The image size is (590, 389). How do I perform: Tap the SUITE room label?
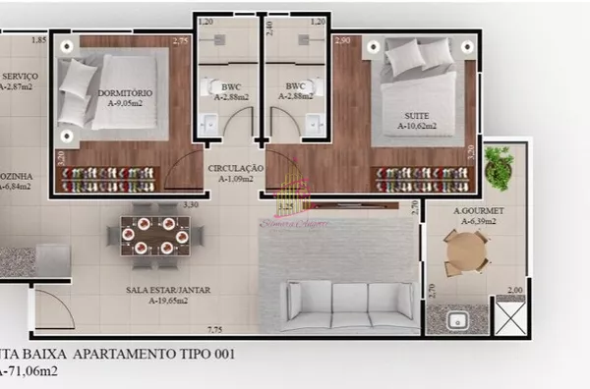[416, 115]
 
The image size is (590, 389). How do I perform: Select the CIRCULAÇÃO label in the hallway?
[235, 169]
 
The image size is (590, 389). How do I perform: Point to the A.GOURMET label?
[479, 211]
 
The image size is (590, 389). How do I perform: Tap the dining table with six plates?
[156, 236]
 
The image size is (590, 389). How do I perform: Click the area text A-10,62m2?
[417, 127]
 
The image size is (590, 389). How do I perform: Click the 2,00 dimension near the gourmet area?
[513, 291]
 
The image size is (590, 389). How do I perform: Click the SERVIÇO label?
[20, 76]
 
